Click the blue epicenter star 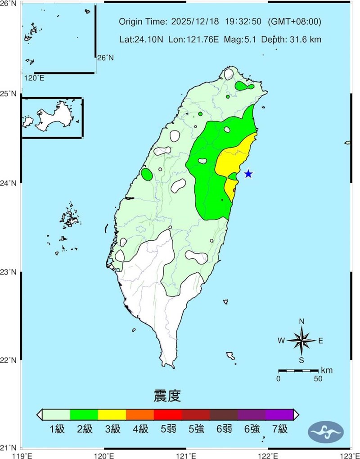[248, 174]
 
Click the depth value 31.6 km [305, 40]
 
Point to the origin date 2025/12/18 [193, 22]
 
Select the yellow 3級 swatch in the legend [112, 414]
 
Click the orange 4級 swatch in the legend [140, 414]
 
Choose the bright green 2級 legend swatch [84, 414]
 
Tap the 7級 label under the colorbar [279, 429]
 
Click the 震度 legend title [167, 396]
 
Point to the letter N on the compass [302, 321]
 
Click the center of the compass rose [302, 341]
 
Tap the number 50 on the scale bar [318, 379]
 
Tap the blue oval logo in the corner [326, 432]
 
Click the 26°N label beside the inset [106, 58]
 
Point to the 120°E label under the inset [34, 78]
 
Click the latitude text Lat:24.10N [142, 40]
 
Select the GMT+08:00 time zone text [294, 22]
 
